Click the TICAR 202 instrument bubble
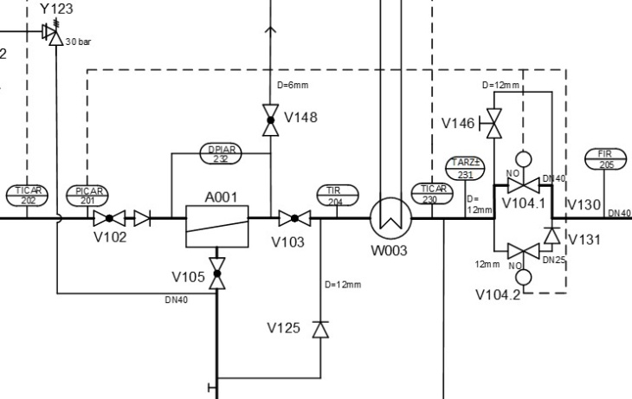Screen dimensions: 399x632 28,196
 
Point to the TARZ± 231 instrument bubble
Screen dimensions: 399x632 465,167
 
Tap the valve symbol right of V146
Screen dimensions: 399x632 493,122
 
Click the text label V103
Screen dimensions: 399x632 287,241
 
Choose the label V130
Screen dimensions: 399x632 584,204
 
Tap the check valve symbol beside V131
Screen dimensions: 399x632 551,235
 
